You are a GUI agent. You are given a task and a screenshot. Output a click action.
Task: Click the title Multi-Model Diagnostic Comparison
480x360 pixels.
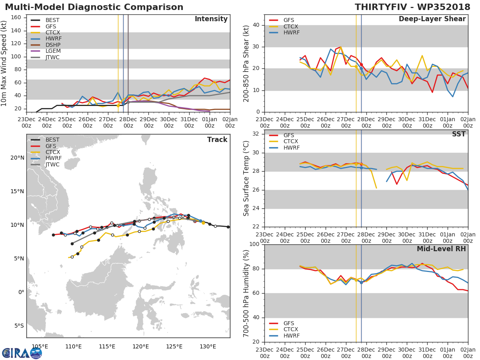pos(94,7)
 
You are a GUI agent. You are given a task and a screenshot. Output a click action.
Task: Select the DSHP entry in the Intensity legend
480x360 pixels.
pos(53,45)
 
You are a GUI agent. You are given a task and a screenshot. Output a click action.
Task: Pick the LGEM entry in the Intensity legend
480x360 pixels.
pos(53,51)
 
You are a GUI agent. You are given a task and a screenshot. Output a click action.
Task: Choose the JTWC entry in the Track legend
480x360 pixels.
pos(53,165)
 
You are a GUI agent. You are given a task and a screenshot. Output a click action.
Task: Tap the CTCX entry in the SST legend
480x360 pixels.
pos(291,142)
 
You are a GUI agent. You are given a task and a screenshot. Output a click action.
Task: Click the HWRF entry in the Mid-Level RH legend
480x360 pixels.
pos(291,336)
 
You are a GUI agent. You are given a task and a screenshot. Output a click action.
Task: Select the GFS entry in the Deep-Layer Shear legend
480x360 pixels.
pos(289,20)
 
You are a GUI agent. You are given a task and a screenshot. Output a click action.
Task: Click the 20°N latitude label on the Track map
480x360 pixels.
pos(17,158)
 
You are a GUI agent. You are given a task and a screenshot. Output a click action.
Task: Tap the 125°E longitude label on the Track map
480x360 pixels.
pos(174,346)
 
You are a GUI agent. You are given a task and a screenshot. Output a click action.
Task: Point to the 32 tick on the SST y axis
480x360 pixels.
pos(256,134)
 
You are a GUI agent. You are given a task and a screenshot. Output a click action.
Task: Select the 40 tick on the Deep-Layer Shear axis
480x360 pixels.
pos(256,25)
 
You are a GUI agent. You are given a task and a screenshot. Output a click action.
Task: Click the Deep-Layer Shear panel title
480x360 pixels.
pos(432,19)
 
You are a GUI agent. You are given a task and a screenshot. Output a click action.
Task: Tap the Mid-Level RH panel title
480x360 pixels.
pos(441,249)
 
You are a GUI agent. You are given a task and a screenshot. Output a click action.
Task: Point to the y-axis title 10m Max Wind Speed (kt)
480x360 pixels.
pos(4,64)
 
